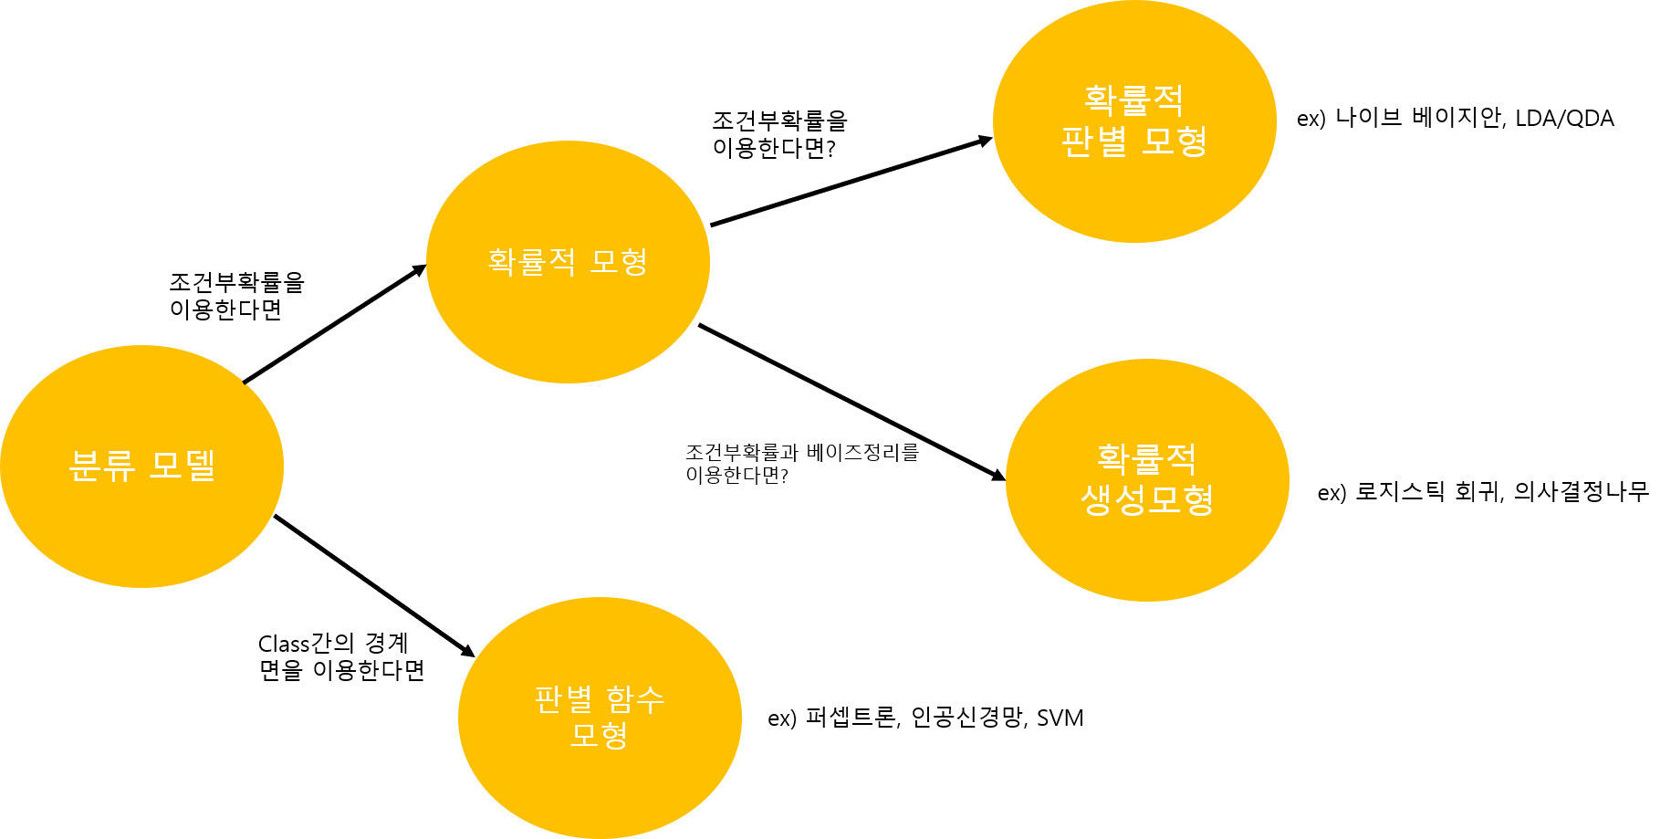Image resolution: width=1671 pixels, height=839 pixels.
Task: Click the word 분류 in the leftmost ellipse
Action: (x=102, y=466)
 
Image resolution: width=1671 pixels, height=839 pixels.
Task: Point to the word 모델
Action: (x=183, y=466)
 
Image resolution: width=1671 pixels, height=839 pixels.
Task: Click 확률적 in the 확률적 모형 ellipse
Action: (x=531, y=262)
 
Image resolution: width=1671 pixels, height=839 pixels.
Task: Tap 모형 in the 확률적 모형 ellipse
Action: (x=619, y=262)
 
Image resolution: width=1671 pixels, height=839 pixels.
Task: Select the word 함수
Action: (x=635, y=700)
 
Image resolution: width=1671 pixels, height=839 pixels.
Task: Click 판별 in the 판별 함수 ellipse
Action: (x=562, y=700)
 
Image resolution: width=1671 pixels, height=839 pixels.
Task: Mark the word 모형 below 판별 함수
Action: (x=599, y=735)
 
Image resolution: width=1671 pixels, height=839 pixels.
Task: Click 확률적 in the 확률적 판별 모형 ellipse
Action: (x=1133, y=100)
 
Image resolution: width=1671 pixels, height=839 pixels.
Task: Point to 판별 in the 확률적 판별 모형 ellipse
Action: (x=1094, y=142)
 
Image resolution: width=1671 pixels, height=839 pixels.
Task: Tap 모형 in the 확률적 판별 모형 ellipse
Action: (x=1175, y=142)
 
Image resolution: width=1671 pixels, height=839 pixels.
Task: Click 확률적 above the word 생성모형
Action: (x=1146, y=459)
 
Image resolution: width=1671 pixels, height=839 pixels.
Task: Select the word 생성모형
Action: (x=1147, y=499)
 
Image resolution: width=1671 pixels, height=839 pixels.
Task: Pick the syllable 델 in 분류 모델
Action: (x=201, y=466)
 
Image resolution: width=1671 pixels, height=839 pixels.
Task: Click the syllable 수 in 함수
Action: (x=650, y=700)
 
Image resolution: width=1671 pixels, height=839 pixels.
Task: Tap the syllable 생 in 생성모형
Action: (x=1097, y=499)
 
